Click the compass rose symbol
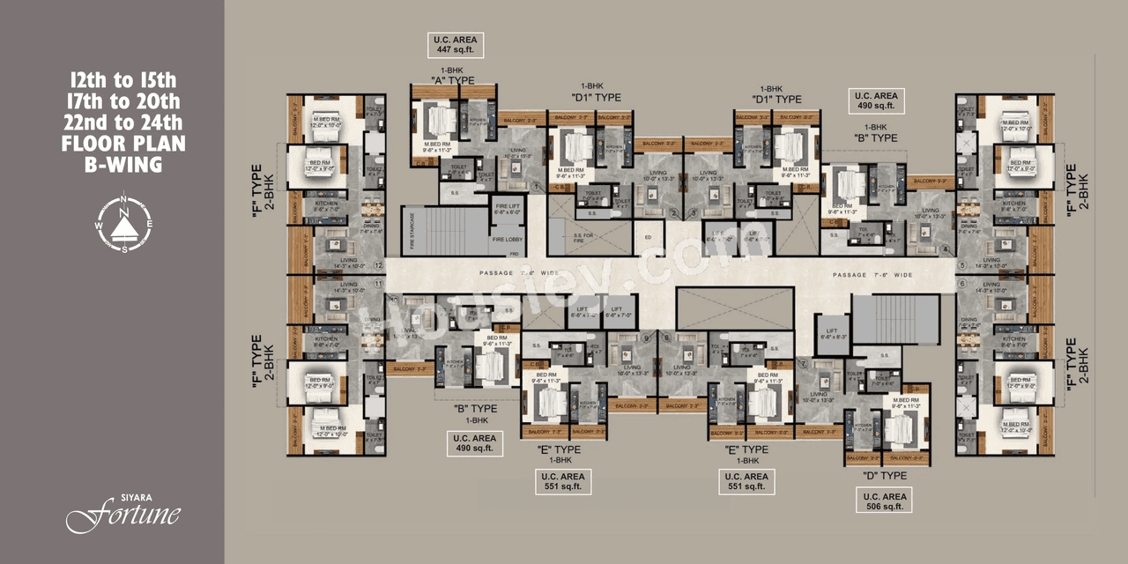124,222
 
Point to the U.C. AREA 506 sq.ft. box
884,501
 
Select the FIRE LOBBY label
507,238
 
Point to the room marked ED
648,236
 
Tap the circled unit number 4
946,249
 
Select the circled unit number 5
962,264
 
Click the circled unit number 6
962,283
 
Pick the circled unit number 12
379,264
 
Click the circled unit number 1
535,186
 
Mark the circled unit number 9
645,338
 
